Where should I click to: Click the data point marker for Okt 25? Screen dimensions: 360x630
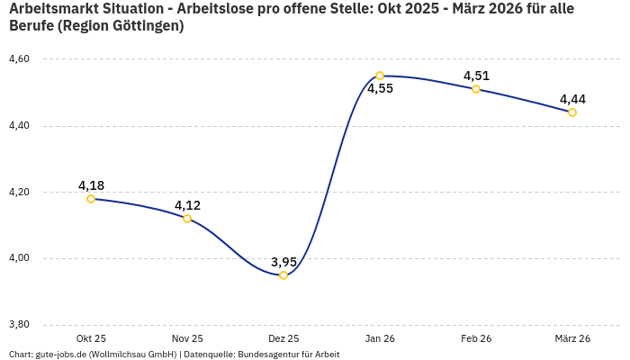coord(91,199)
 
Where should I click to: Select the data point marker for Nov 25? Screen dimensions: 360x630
coord(187,219)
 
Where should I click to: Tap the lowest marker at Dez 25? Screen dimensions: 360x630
coord(283,275)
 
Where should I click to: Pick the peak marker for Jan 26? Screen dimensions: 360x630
coord(380,76)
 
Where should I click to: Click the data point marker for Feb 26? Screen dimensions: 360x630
coord(476,89)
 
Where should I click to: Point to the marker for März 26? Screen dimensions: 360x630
coord(572,112)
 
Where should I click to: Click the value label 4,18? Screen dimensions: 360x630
coord(91,185)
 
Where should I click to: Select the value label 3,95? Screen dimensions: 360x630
coord(283,262)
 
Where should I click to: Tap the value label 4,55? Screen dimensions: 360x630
coord(380,89)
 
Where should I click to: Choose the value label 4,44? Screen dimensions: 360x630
coord(572,99)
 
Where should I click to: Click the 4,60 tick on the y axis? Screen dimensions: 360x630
coord(19,59)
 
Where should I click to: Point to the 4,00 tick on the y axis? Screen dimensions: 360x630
coord(19,258)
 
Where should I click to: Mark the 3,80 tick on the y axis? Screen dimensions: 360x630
coord(19,325)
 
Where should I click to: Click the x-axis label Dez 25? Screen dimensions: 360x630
coord(283,338)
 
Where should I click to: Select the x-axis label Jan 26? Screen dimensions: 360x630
coord(380,338)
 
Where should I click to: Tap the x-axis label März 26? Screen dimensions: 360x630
coord(572,338)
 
